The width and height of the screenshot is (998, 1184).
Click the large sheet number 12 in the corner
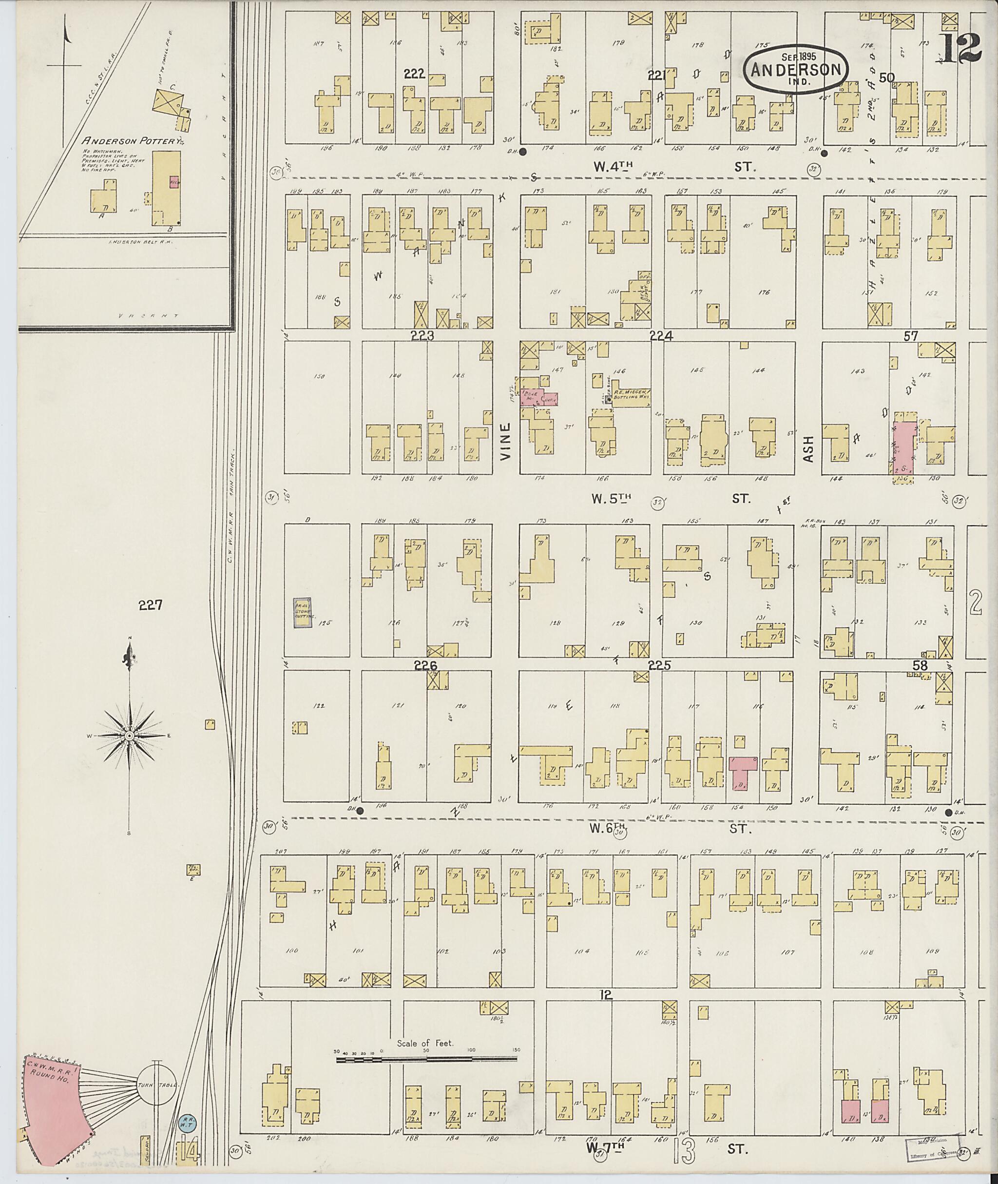[961, 49]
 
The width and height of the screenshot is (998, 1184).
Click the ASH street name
[808, 448]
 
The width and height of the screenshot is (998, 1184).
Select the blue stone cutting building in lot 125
[303, 612]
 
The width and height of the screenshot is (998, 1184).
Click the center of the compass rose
[129, 735]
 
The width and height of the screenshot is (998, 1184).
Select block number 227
[151, 605]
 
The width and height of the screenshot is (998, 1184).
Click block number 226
[425, 666]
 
